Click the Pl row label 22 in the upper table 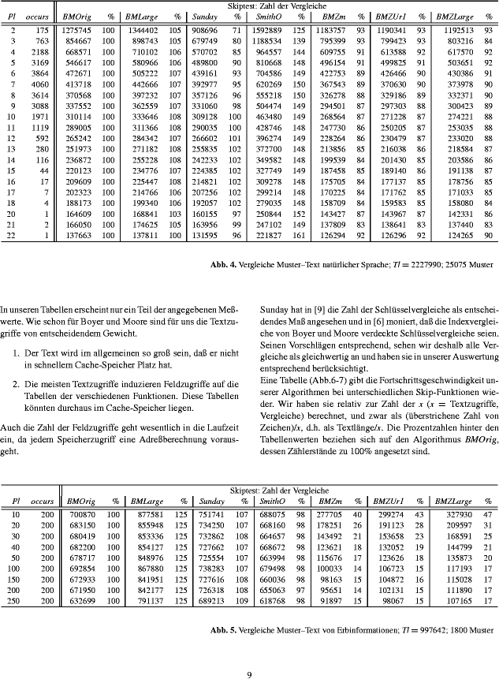click(14, 235)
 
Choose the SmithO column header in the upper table click(270, 15)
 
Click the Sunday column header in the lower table click(210, 501)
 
